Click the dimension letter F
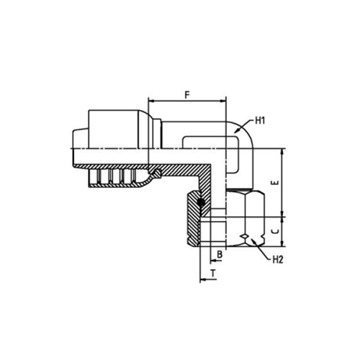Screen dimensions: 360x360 (x=187, y=95)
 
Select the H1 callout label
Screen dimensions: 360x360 (x=260, y=121)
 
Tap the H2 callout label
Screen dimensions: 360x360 (x=278, y=259)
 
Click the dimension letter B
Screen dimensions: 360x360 (x=220, y=254)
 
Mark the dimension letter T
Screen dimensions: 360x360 (x=213, y=273)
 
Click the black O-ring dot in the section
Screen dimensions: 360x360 (x=200, y=203)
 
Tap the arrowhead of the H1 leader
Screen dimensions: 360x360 (x=236, y=131)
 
